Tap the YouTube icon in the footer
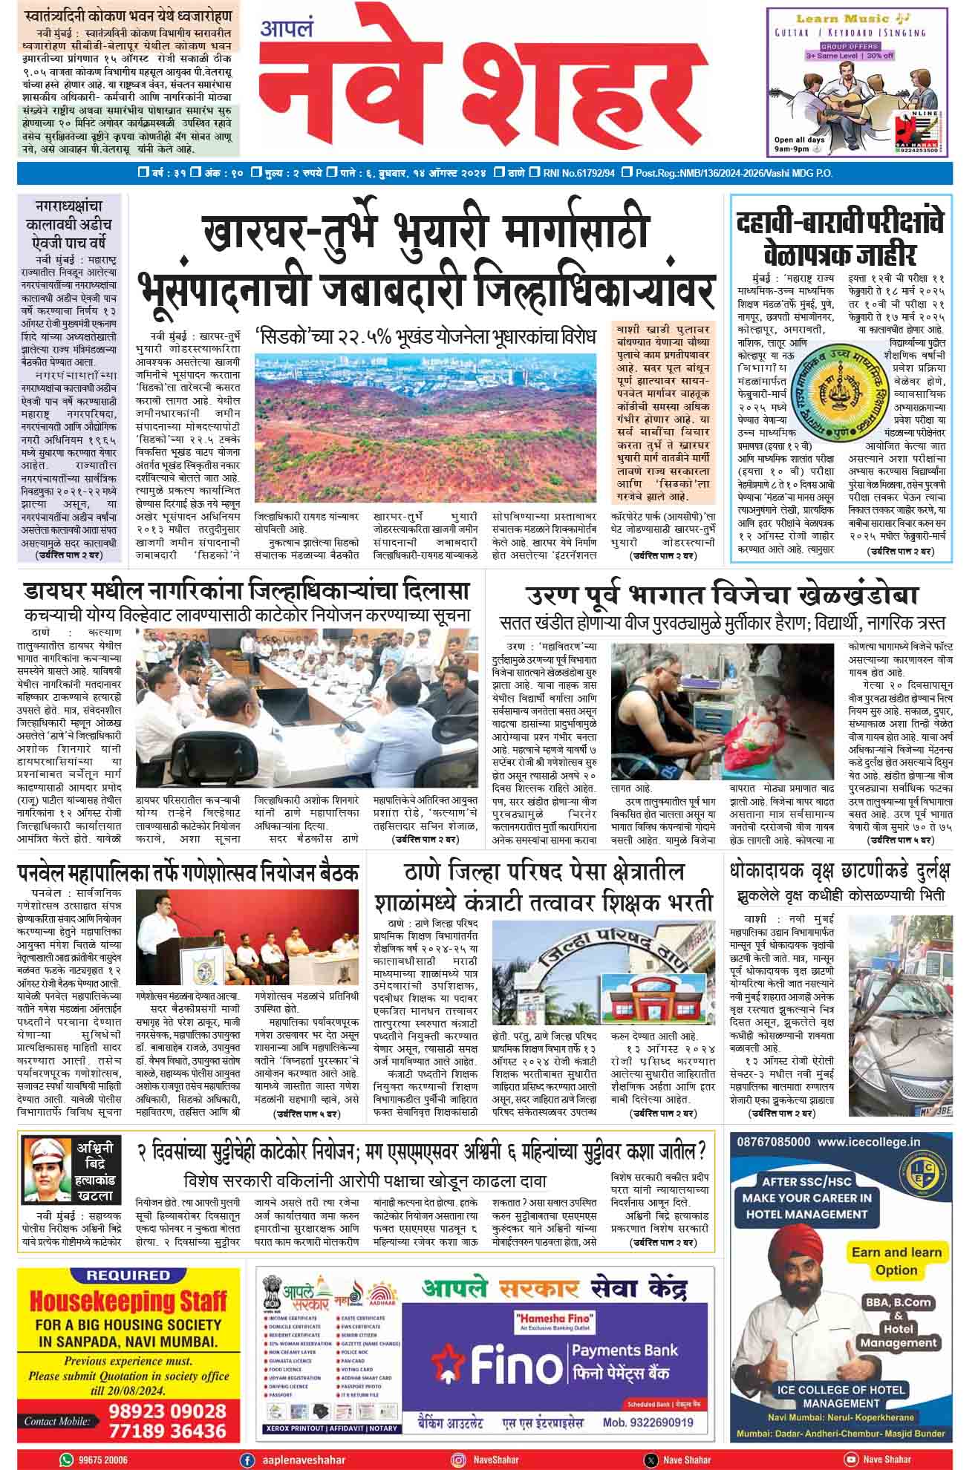[x=851, y=1459]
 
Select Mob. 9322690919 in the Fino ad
[x=648, y=1423]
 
